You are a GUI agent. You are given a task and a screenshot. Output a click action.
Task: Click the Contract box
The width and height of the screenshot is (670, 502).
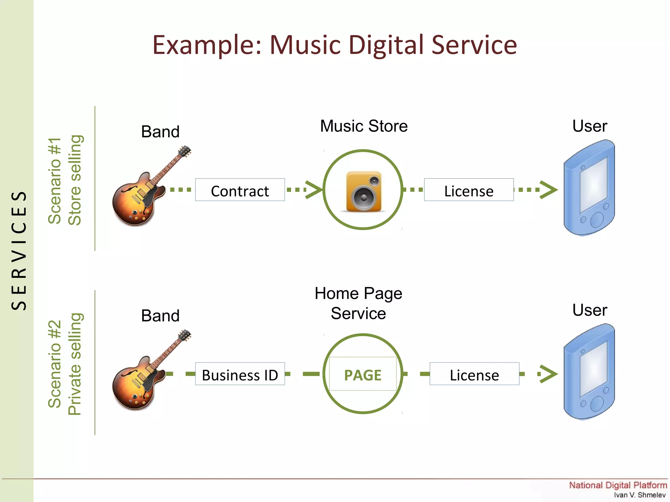point(240,190)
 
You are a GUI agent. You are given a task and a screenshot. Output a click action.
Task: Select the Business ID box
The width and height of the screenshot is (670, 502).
point(240,374)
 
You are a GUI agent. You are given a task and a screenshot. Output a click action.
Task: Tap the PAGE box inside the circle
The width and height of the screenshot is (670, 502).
point(362,374)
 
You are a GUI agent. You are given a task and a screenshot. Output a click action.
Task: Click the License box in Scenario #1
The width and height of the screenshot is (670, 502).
point(468,190)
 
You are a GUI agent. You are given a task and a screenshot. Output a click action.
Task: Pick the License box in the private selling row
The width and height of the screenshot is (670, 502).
point(474,374)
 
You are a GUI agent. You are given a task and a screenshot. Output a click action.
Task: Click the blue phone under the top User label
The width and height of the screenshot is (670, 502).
point(589,188)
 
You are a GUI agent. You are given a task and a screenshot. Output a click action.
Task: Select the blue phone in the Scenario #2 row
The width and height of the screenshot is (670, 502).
point(589,372)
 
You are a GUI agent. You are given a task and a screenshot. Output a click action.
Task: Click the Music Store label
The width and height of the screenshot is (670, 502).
point(364,126)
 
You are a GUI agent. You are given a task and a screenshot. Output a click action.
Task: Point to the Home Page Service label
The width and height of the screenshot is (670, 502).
point(358,303)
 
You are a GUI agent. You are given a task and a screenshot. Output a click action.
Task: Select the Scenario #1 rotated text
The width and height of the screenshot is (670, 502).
point(55,181)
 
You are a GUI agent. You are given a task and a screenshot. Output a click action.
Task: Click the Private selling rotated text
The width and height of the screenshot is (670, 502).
point(75,364)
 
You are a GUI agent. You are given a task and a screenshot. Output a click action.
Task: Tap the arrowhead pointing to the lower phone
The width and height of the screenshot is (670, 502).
point(549,374)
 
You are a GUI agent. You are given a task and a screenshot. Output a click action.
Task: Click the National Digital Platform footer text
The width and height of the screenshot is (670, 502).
point(618,485)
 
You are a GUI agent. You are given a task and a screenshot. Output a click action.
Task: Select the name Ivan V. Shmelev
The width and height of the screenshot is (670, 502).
point(639,495)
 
